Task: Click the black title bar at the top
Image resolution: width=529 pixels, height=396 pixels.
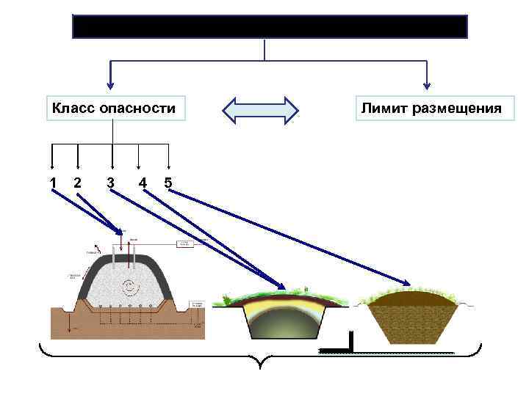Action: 270,26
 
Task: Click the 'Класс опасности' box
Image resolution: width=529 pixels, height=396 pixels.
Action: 113,109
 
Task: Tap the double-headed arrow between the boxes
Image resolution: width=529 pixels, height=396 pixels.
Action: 260,110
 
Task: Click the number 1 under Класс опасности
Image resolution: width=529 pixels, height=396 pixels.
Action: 53,182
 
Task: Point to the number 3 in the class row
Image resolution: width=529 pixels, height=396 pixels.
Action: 110,182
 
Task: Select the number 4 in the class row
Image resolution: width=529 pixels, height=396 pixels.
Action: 143,182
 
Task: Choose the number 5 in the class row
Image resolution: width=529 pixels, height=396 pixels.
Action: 168,182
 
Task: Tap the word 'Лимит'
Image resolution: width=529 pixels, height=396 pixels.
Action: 384,109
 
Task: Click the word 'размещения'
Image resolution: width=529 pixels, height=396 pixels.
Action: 456,109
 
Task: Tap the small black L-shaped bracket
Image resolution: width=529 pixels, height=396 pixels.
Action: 350,342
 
